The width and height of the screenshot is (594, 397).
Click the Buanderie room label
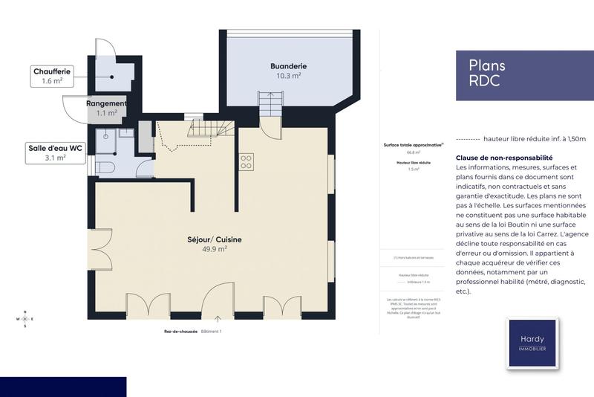(x=288, y=66)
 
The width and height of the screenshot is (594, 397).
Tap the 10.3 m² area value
(x=288, y=76)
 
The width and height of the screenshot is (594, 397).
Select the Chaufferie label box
(x=51, y=76)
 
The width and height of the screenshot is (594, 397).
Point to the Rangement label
(x=106, y=103)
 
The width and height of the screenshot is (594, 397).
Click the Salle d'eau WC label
(x=55, y=152)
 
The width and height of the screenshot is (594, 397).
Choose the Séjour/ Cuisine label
(x=214, y=239)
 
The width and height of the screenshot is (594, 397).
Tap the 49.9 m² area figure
(x=214, y=250)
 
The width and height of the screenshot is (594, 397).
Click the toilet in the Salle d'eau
(x=105, y=167)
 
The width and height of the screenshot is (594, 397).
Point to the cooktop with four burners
(x=246, y=161)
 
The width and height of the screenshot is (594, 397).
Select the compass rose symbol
(x=25, y=319)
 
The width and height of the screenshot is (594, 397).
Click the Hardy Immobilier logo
(x=531, y=343)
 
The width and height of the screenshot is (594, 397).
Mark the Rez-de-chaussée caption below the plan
(x=180, y=331)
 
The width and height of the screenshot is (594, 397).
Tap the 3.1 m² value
(x=55, y=158)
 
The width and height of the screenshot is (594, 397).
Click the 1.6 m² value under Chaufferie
(x=51, y=81)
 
